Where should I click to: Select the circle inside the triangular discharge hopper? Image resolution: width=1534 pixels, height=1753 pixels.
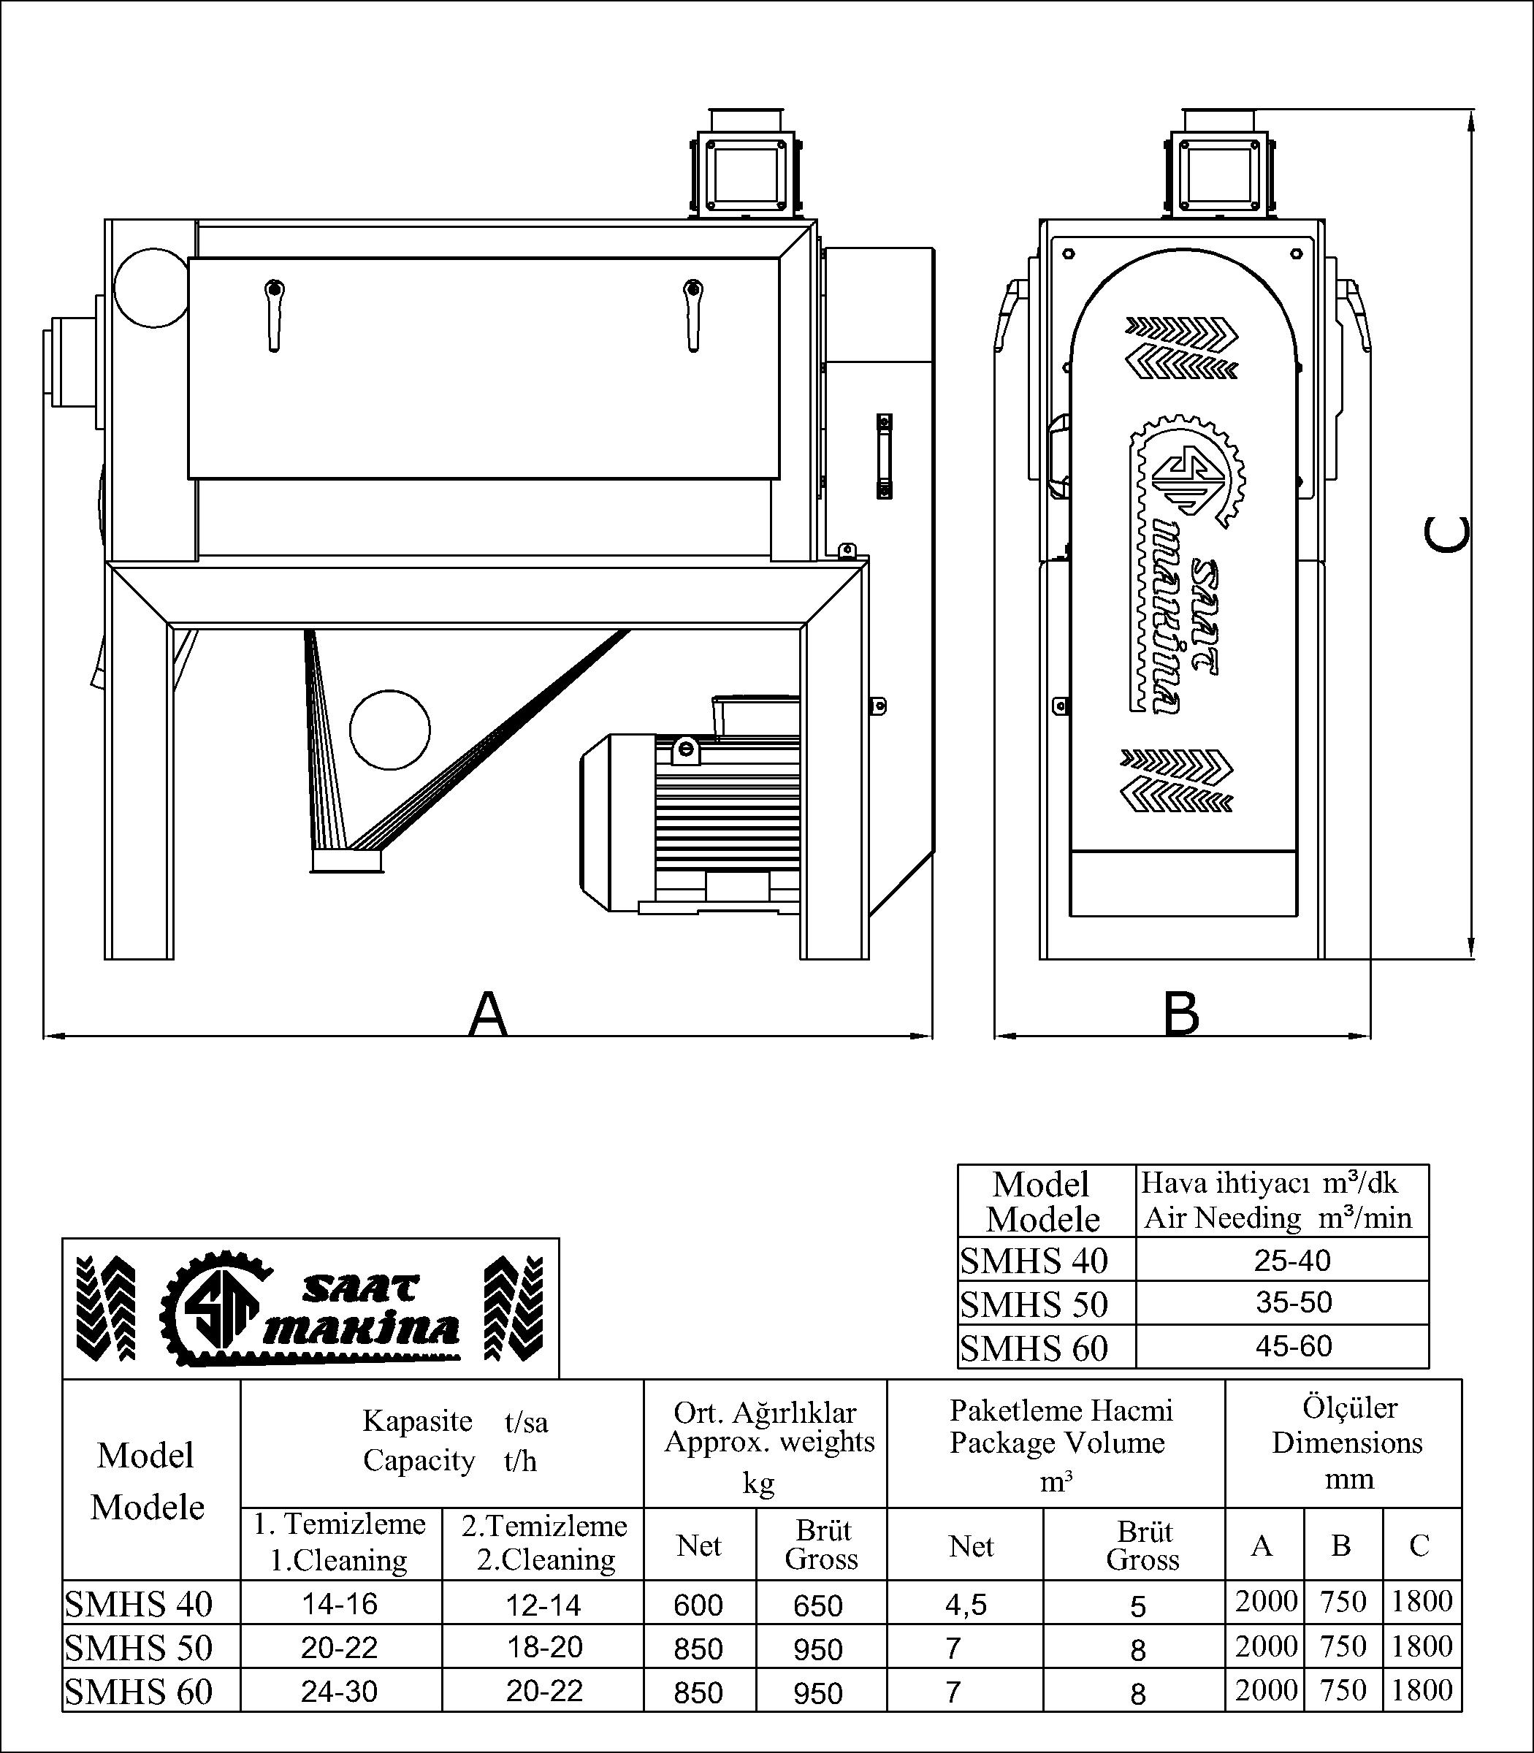pyautogui.click(x=390, y=728)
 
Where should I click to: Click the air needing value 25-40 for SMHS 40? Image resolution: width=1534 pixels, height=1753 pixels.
pyautogui.click(x=1293, y=1260)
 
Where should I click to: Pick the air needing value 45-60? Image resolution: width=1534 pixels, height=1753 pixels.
pyautogui.click(x=1293, y=1346)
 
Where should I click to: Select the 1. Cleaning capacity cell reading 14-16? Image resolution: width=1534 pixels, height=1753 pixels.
pyautogui.click(x=340, y=1604)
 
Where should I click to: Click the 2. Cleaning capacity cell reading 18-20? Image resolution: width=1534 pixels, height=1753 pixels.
pyautogui.click(x=544, y=1647)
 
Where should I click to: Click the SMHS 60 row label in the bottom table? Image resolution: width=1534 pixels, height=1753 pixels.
pyautogui.click(x=139, y=1692)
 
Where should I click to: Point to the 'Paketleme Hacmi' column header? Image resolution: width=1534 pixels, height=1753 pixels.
pyautogui.click(x=1061, y=1410)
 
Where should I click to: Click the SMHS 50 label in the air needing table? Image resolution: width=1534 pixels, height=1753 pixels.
pyautogui.click(x=1034, y=1305)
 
